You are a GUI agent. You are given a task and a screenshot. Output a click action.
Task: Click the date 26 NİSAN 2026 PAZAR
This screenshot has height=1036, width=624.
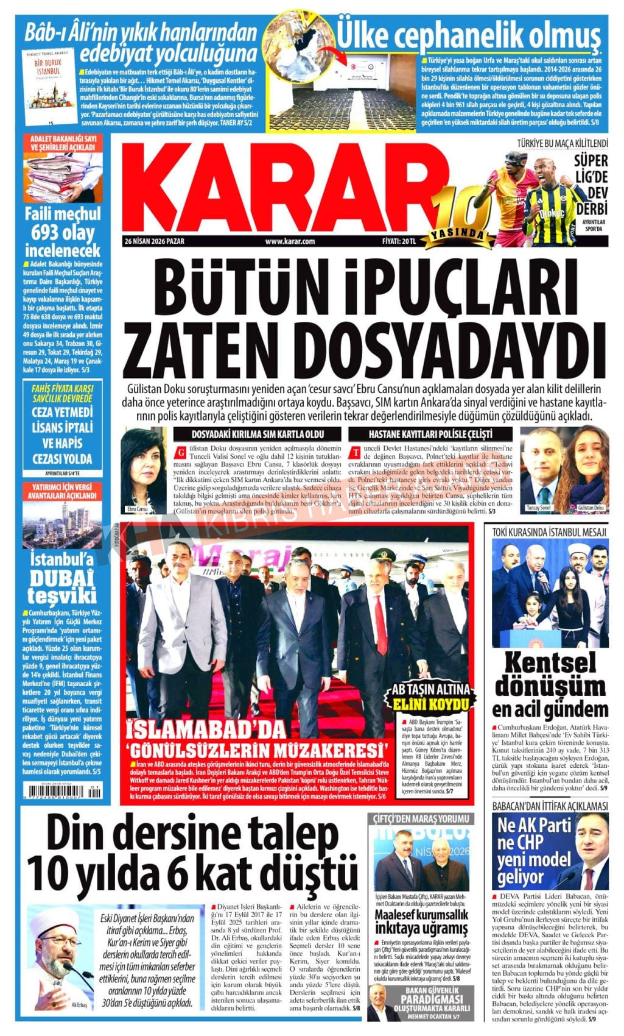coord(155,241)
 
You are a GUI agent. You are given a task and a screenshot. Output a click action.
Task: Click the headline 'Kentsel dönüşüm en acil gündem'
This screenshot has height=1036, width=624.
coord(550,684)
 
